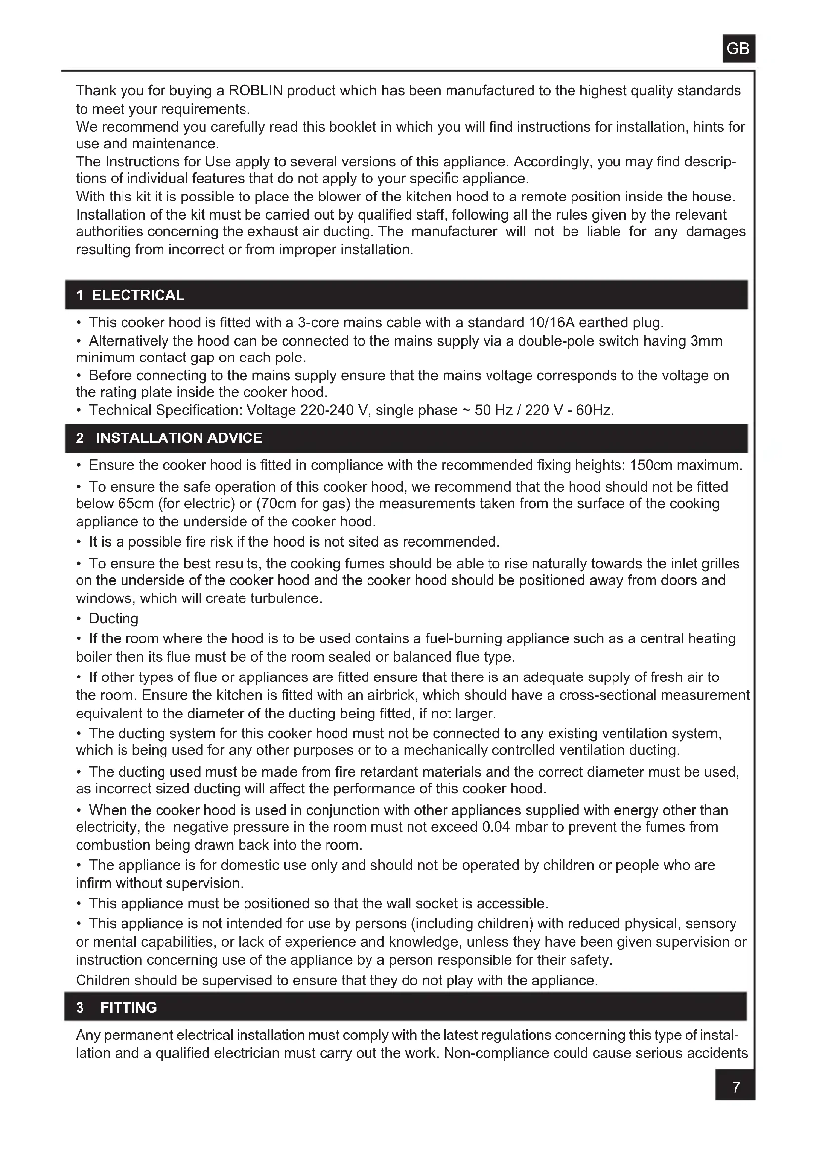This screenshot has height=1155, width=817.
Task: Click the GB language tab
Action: coord(738,48)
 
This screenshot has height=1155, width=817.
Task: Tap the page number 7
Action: coord(735,1088)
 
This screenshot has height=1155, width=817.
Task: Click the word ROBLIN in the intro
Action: coord(255,90)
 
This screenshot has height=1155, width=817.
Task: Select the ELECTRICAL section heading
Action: coord(138,295)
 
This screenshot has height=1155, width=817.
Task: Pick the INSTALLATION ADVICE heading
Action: coord(179,438)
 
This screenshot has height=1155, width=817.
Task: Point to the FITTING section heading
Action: coord(128,1008)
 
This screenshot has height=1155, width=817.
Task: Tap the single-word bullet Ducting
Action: coord(114,618)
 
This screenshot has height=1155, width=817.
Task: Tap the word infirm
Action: coord(93,883)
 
